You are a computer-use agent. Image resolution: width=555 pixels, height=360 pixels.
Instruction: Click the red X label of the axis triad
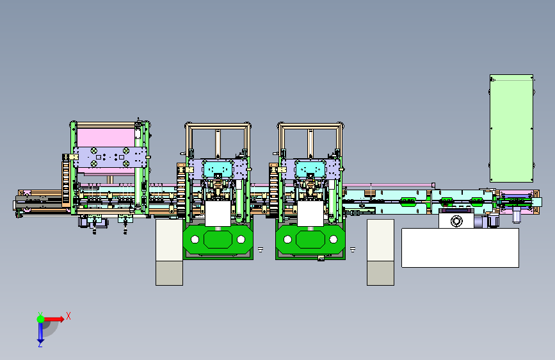68,316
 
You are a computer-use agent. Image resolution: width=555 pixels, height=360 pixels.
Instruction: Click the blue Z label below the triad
40,344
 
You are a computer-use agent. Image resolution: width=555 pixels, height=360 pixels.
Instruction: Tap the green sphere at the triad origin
41,319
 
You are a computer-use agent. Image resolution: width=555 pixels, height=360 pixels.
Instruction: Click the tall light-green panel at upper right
511,128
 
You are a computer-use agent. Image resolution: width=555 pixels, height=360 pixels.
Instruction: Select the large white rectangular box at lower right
460,248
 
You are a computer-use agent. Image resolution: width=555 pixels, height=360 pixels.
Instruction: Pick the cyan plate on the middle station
218,169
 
